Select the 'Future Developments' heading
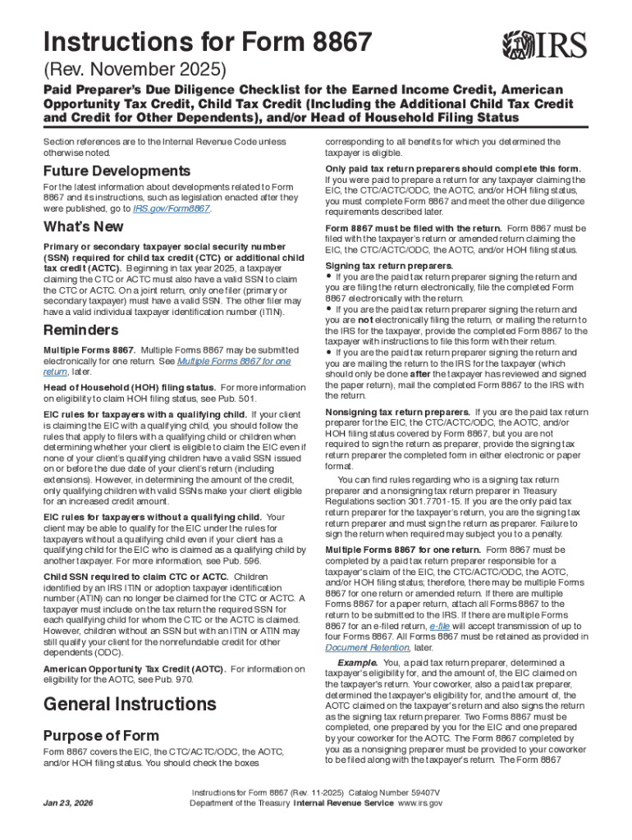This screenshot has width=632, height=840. (117, 171)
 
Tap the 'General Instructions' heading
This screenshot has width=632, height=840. (130, 704)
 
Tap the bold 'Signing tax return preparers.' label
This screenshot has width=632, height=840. (388, 267)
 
